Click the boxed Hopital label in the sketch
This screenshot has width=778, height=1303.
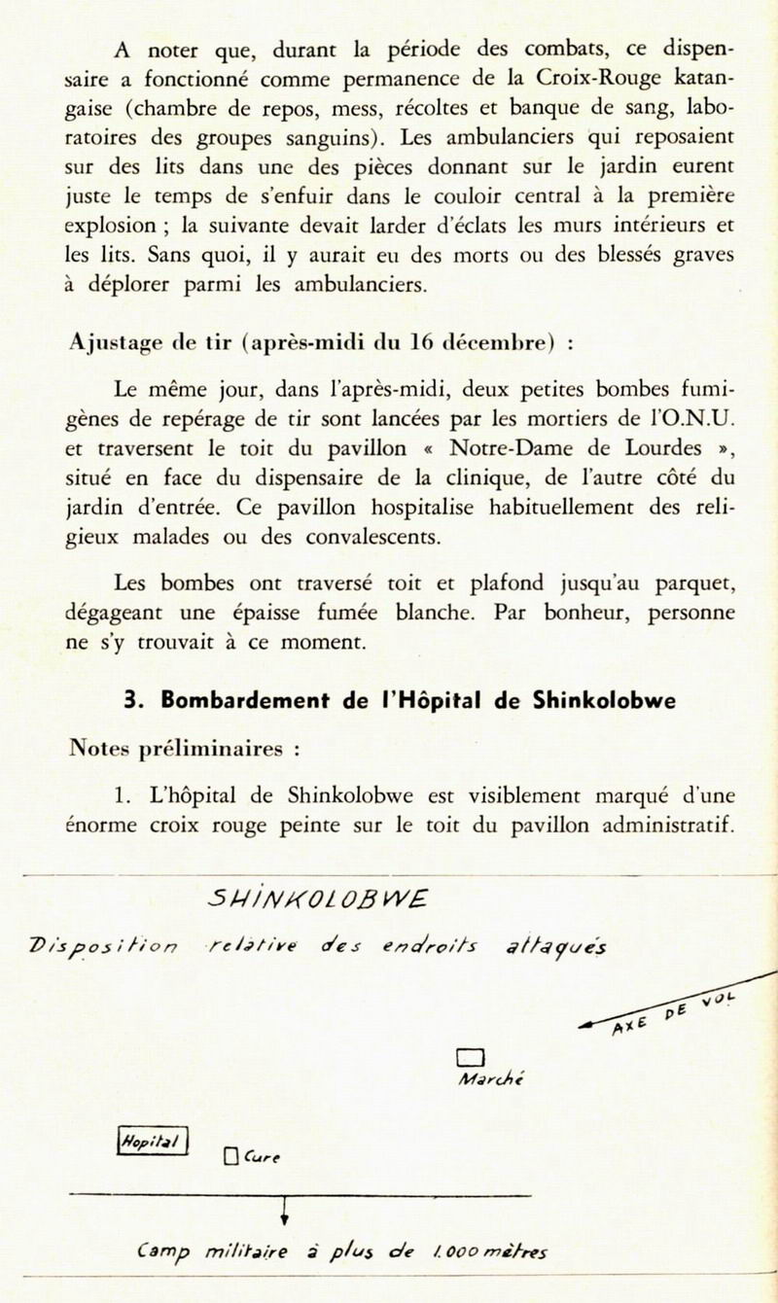pyautogui.click(x=153, y=1139)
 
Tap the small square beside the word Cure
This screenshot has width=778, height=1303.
pyautogui.click(x=230, y=1156)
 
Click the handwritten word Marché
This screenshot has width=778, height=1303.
pyautogui.click(x=492, y=1079)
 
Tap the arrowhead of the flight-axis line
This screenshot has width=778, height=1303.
pyautogui.click(x=585, y=1025)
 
